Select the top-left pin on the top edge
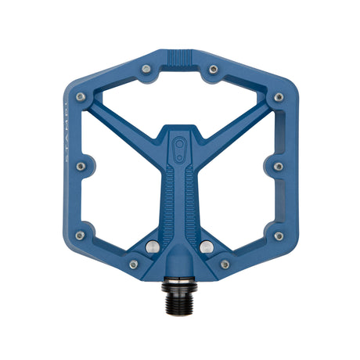146,70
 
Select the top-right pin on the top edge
213,70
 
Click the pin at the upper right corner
279,98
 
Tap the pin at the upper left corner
81,98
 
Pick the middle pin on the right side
279,166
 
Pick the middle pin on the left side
81,166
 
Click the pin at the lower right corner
279,236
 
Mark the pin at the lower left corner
81,236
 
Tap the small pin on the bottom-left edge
133,265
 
